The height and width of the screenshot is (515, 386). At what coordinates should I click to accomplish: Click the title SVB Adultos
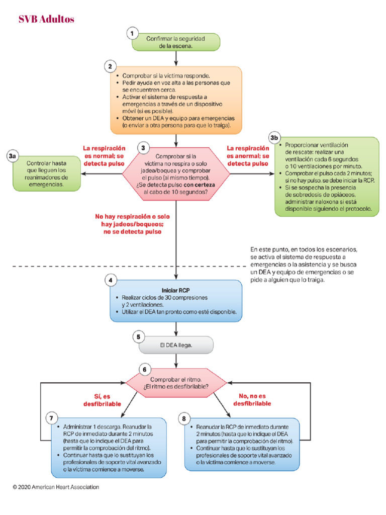pos(46,19)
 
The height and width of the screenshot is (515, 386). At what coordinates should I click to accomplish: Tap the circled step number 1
pos(132,33)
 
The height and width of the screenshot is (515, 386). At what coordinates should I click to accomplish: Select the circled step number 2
pos(110,66)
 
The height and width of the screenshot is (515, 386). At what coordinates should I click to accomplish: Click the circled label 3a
pos(14,157)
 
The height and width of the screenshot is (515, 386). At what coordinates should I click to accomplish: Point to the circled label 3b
pos(274,137)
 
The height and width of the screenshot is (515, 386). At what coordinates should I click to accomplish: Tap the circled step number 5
pos(138,336)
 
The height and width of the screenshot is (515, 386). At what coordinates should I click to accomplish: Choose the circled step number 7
pos(51,417)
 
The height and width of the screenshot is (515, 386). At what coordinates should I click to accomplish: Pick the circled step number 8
pos(184,417)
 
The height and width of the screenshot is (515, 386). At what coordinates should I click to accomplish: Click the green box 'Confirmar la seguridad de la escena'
pos(176,42)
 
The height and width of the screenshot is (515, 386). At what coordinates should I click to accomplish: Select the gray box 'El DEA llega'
pos(176,345)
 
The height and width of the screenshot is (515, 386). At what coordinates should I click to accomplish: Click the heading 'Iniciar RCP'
pos(175,290)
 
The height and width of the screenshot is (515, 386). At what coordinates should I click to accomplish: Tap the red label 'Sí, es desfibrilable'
pos(102,400)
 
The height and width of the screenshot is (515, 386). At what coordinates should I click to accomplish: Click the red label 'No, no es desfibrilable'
pos(252,400)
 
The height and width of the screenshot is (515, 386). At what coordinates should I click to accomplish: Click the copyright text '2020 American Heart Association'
pos(56,487)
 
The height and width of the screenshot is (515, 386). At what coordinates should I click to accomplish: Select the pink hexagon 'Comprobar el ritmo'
pos(176,383)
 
